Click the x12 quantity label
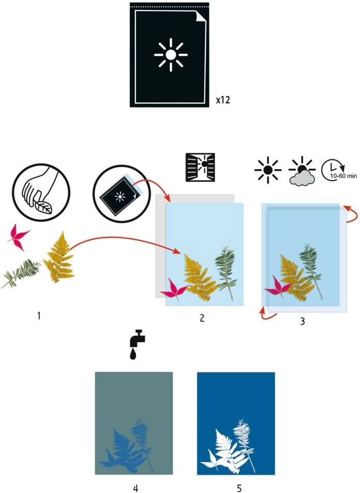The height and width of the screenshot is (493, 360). [222, 99]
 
